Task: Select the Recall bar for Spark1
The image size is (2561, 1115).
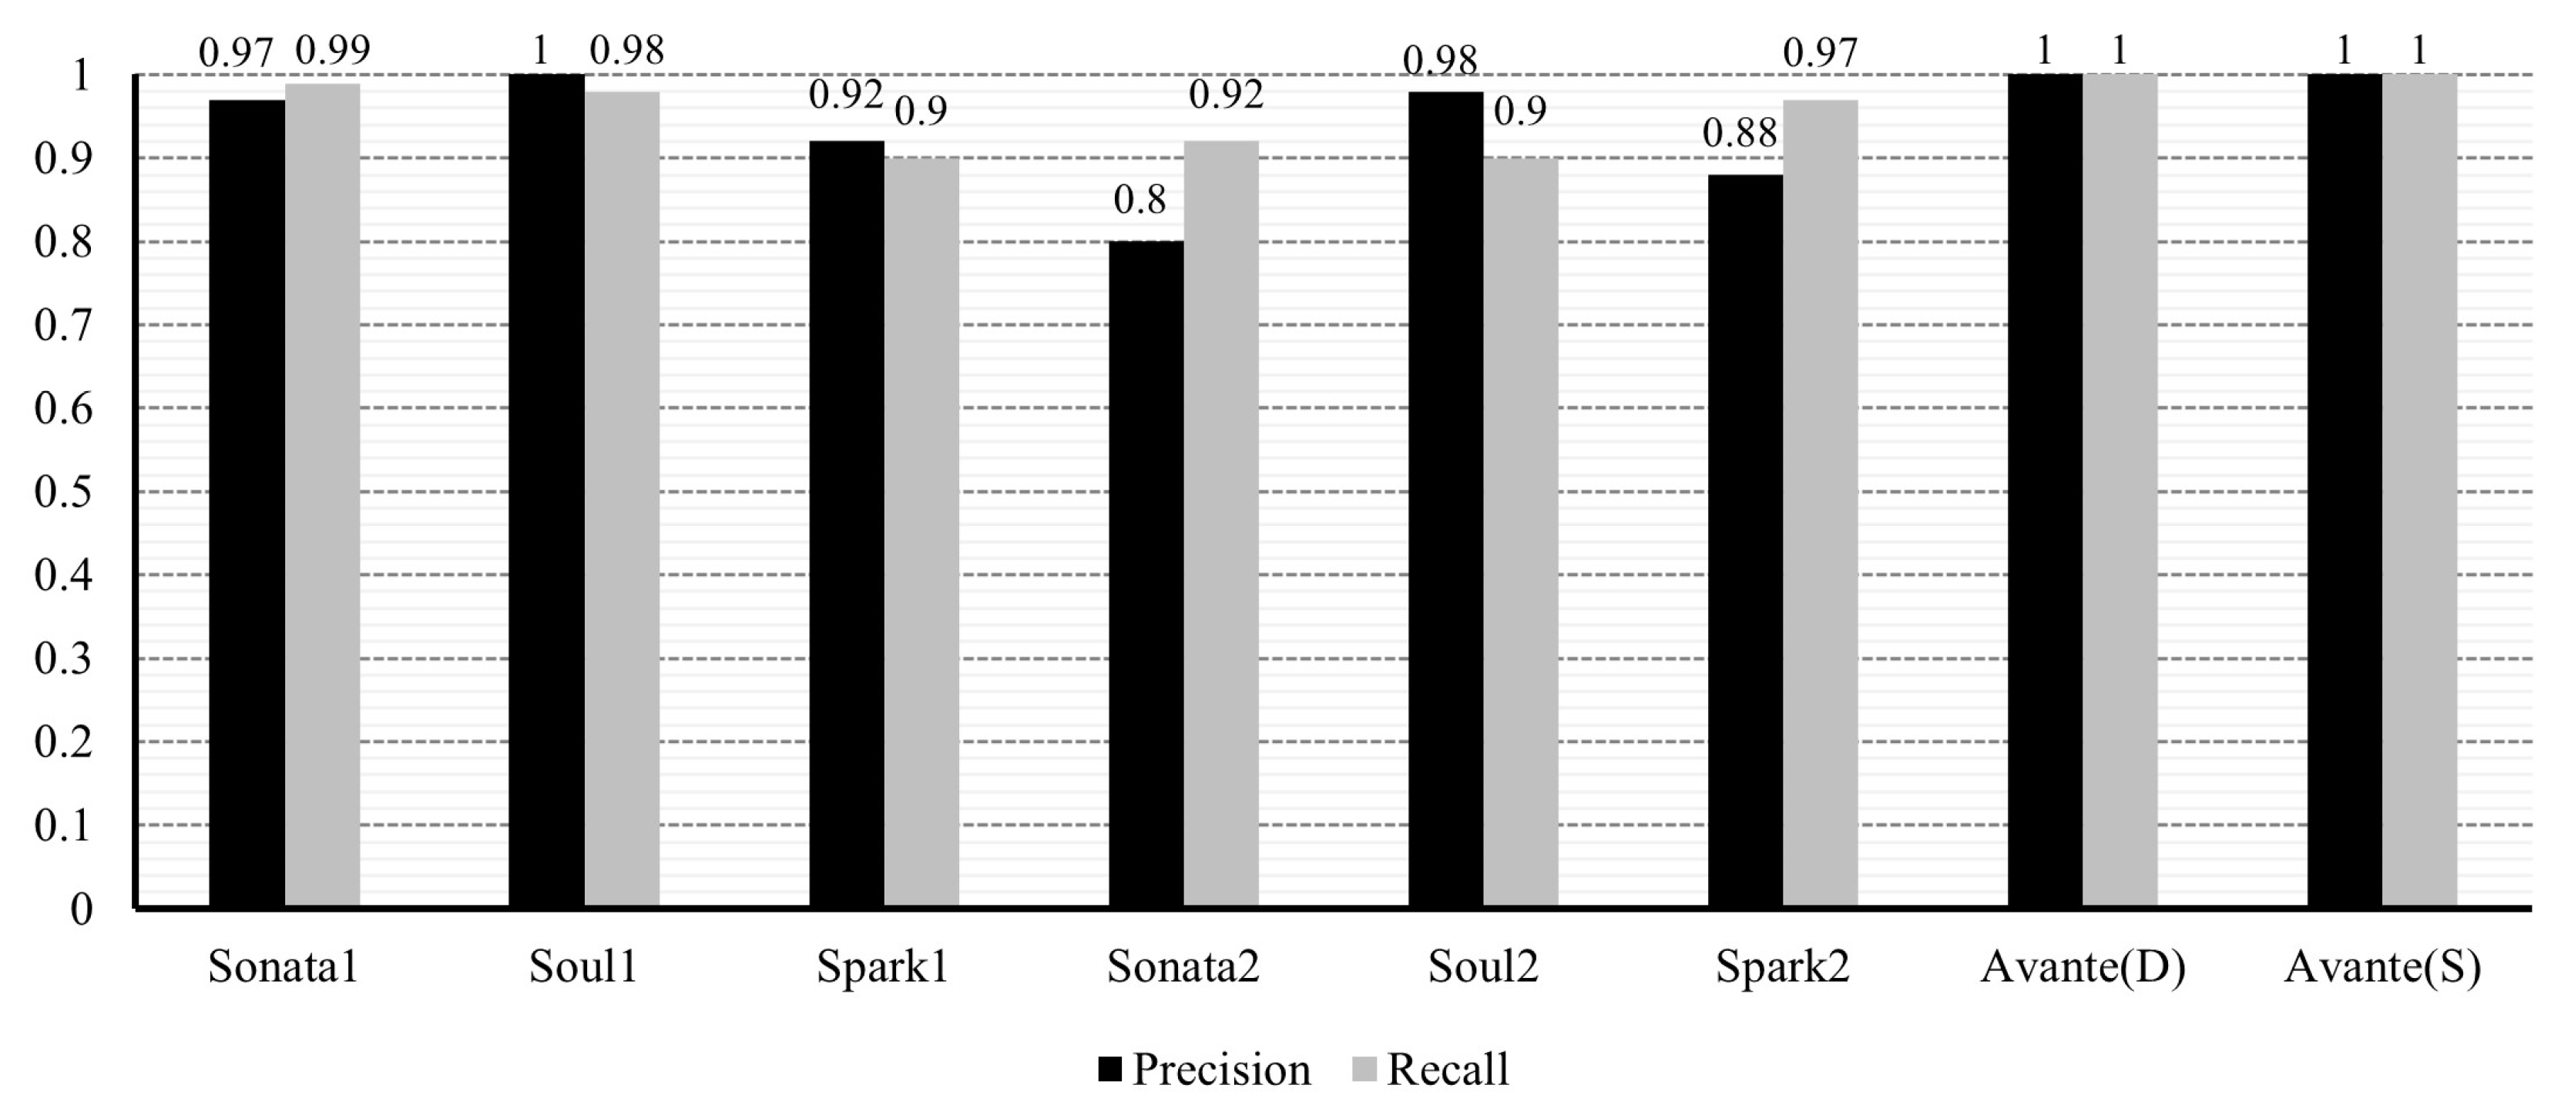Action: [921, 531]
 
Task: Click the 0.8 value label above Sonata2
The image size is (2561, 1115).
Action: [1140, 201]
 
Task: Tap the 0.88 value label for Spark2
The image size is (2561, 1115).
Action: [1739, 134]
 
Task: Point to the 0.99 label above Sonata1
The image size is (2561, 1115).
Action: [333, 51]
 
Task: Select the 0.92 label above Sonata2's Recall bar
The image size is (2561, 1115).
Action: [1226, 95]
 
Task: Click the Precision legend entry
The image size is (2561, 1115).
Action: [1204, 1070]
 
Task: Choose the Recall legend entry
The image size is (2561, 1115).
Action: [1431, 1070]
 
